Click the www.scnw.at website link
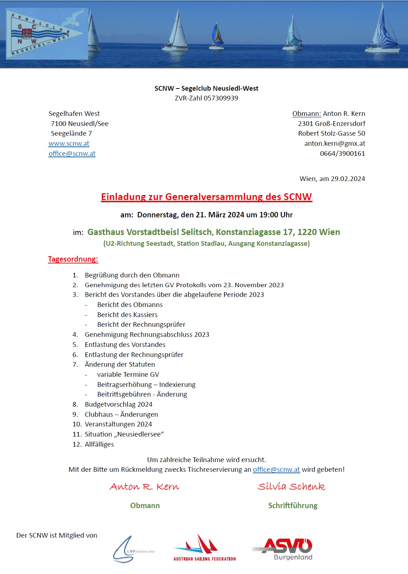[69, 144]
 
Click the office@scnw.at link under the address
[72, 154]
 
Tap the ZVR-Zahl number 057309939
[221, 98]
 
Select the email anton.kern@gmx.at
[334, 144]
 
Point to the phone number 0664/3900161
[342, 154]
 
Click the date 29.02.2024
[348, 179]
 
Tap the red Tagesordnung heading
[73, 259]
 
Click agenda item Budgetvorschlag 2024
[119, 404]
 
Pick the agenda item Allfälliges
[99, 444]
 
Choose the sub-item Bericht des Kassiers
[127, 315]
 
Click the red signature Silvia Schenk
[291, 487]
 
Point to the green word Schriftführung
[293, 506]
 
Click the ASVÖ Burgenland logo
[282, 549]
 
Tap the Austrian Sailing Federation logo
[204, 548]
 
